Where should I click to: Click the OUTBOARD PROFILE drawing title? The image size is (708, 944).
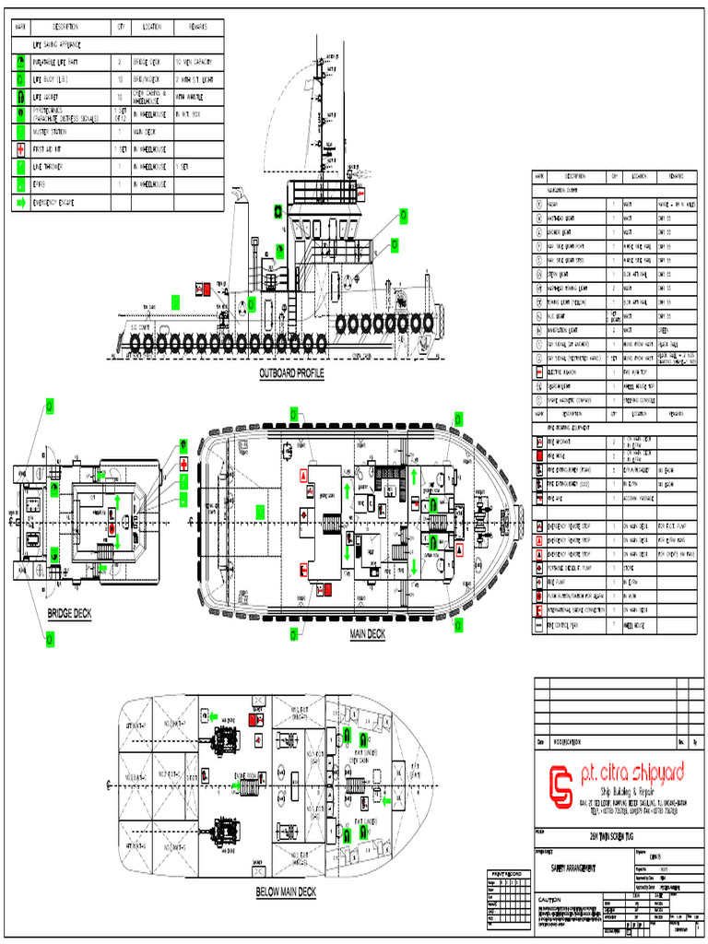tap(290, 372)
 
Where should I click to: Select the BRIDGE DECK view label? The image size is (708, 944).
tap(69, 614)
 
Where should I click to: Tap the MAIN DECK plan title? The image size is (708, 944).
tap(367, 633)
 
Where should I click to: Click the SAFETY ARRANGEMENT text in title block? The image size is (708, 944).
tap(572, 868)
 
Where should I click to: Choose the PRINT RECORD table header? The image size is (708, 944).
tap(506, 872)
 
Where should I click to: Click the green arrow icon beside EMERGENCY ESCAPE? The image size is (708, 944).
tap(20, 202)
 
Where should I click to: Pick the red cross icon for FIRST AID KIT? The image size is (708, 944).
tap(20, 149)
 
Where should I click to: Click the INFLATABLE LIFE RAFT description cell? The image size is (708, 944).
tap(63, 62)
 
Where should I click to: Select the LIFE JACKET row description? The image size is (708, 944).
tap(51, 97)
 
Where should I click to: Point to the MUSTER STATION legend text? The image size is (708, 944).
tap(56, 132)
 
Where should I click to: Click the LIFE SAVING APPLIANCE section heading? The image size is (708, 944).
tap(57, 44)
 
